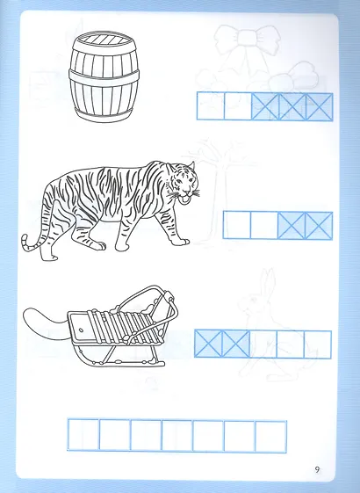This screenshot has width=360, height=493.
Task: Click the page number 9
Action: point(317,470)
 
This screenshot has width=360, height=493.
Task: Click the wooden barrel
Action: point(104,76)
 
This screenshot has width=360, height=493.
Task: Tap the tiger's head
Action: point(184,182)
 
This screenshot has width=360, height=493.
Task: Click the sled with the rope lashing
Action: point(123,326)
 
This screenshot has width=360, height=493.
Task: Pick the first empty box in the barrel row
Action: point(211,106)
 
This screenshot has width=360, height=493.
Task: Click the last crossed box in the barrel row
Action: point(319,106)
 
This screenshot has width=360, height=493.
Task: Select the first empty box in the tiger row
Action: point(237,225)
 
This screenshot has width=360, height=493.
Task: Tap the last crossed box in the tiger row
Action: point(319,226)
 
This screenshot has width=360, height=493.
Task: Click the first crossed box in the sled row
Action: point(208,344)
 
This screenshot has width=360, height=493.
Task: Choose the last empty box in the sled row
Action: point(318,344)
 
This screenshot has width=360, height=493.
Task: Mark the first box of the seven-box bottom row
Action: point(83,434)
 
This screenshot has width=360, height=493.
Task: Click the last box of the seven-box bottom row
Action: point(270,437)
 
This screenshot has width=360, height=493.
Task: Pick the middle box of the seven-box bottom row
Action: point(177,436)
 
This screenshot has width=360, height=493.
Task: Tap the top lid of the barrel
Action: point(103,40)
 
